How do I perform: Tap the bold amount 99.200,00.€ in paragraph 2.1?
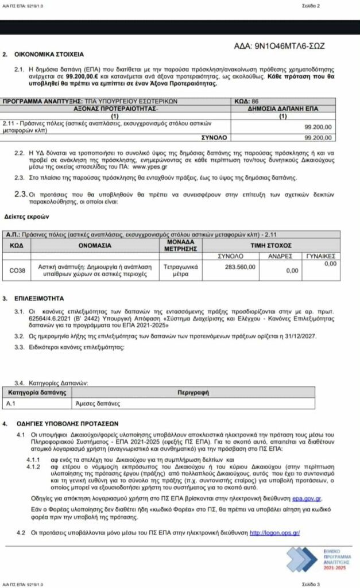coord(84,75)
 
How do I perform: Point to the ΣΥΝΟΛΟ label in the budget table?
coord(214,138)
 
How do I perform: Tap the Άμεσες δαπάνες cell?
coord(92,403)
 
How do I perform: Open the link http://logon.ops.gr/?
coord(274,533)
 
